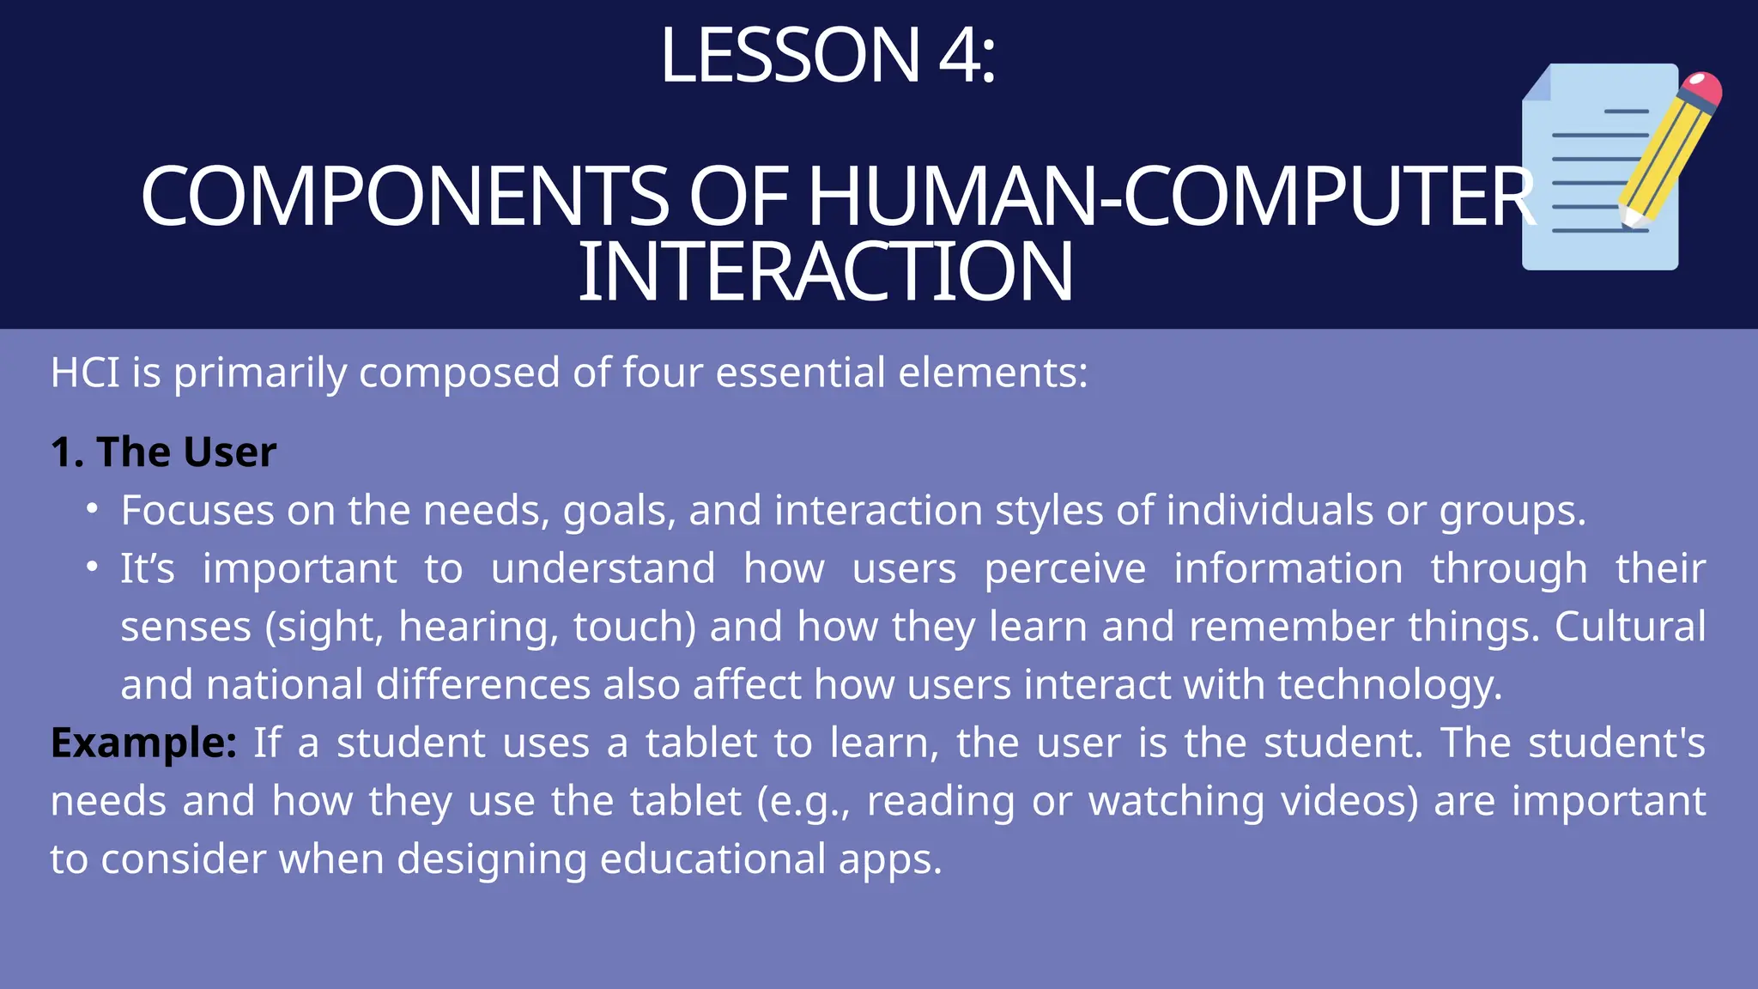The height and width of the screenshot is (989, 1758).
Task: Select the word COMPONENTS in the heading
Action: (403, 197)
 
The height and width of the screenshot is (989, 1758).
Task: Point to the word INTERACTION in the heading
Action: (826, 273)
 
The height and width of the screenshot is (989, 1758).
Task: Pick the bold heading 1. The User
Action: (163, 452)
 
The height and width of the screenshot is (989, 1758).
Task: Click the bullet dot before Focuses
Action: (93, 509)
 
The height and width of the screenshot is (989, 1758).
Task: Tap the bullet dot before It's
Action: (93, 567)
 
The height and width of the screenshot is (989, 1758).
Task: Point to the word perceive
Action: (1064, 569)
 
